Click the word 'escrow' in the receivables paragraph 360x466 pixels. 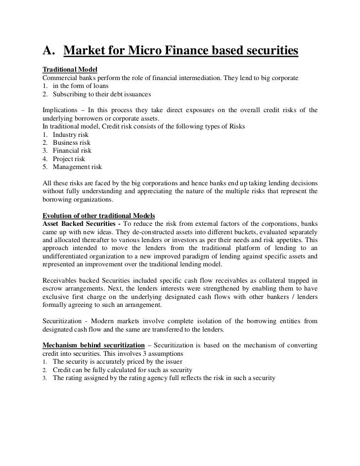pyautogui.click(x=53, y=289)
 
